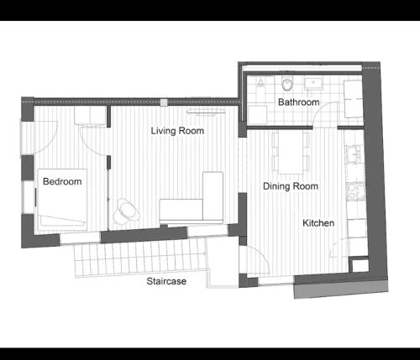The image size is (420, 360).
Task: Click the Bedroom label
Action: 62,181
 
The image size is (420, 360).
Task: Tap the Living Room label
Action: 177,131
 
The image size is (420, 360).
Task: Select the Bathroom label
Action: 299,102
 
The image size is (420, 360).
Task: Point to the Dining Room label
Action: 291,186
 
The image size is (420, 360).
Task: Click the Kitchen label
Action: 318,223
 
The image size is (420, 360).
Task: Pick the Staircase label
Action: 166,281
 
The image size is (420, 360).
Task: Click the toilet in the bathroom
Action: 287,83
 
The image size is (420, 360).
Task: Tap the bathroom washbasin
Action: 313,83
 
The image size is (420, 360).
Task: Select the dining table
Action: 291,153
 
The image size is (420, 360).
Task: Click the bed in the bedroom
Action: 62,200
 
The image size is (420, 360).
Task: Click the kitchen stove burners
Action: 355,191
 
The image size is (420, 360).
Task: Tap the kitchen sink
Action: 355,154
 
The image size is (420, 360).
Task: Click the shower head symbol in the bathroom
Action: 260,82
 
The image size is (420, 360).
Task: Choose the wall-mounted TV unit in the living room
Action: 206,112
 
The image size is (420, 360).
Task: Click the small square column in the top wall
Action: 164,102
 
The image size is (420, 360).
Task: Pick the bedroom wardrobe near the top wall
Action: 90,115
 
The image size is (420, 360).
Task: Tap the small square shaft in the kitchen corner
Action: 360,265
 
